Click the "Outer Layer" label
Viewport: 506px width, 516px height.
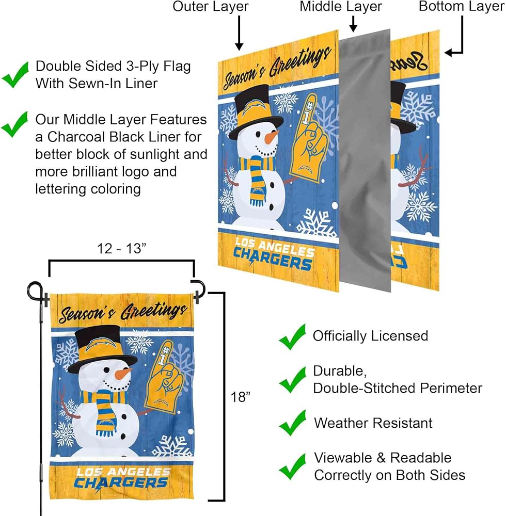pyautogui.click(x=210, y=7)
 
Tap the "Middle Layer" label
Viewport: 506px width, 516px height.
pyautogui.click(x=341, y=7)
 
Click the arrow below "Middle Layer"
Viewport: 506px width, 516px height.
pyautogui.click(x=353, y=24)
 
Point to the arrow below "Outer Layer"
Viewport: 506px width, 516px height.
pyautogui.click(x=239, y=33)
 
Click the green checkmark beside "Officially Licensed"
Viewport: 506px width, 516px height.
pyautogui.click(x=292, y=336)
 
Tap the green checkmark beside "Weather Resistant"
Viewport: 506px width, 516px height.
pyautogui.click(x=292, y=423)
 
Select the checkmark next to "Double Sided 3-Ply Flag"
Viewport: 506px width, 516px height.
pyautogui.click(x=15, y=75)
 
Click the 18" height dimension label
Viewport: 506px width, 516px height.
pyautogui.click(x=240, y=397)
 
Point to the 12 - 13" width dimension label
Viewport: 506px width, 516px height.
pyautogui.click(x=121, y=249)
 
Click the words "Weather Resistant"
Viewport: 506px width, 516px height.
pyautogui.click(x=373, y=423)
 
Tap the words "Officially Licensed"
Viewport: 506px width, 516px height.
pyautogui.click(x=370, y=336)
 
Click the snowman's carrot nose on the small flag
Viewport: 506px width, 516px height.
pyautogui.click(x=123, y=374)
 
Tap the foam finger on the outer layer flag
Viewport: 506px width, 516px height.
pyautogui.click(x=308, y=138)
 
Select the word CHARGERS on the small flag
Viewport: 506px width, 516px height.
pyautogui.click(x=120, y=483)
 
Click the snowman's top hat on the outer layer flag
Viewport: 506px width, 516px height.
pyautogui.click(x=255, y=111)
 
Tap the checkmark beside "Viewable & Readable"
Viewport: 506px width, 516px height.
pyautogui.click(x=292, y=466)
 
